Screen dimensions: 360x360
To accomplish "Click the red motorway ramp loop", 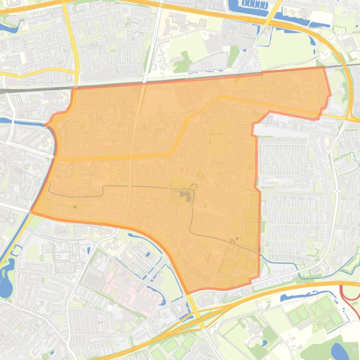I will click(x=348, y=293).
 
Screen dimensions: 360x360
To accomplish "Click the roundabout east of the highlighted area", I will click(x=337, y=191).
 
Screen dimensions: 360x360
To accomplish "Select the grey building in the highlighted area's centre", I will click(x=185, y=195).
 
